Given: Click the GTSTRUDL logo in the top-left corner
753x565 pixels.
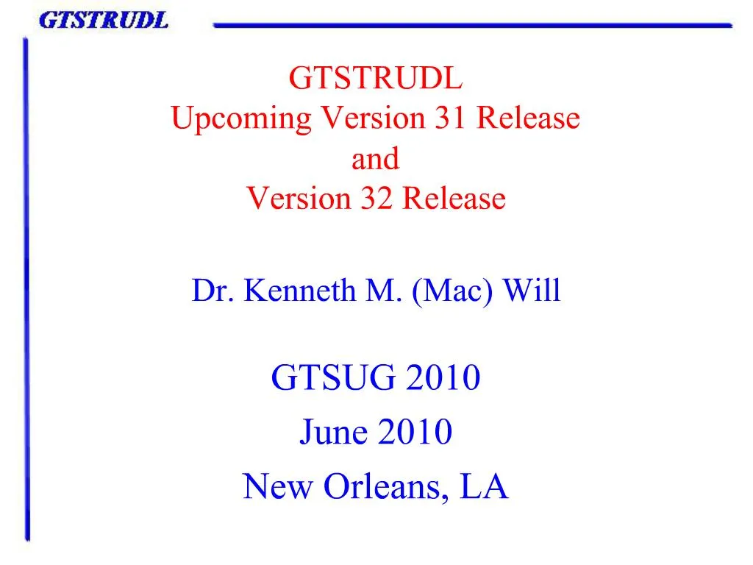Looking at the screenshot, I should tap(103, 20).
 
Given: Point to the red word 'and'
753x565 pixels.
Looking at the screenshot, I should tap(375, 158).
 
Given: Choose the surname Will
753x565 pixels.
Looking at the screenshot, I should tap(532, 291).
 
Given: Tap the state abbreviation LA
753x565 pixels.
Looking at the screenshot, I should tap(484, 486).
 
